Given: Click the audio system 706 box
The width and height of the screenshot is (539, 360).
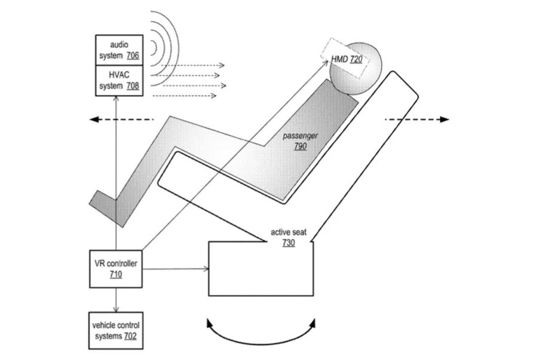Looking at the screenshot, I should pos(120,50).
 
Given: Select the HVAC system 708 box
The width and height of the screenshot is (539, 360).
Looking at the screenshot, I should pos(120,80).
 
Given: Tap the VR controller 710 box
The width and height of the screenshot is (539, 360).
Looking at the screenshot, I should pos(115,269).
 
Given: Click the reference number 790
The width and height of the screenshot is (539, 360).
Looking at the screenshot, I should pos(300,146).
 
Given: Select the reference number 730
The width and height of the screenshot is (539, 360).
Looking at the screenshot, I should pos(289,242).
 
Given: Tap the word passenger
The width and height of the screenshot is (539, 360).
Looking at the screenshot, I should pos(300,136).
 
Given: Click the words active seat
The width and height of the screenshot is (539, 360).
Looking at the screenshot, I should pos(289,233).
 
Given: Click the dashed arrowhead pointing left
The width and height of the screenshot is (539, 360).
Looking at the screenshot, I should pos(94,120).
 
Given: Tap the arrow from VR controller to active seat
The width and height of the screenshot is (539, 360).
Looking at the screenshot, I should pos(176,269).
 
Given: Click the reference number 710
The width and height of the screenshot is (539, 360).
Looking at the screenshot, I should pos(115,274).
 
